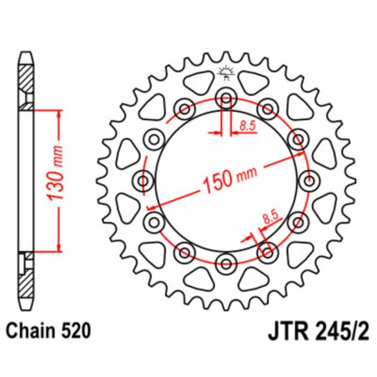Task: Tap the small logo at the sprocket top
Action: pyautogui.click(x=225, y=73)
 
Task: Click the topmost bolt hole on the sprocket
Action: pyautogui.click(x=226, y=98)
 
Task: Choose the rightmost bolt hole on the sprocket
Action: pyautogui.click(x=310, y=182)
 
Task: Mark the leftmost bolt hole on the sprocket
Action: pyautogui.click(x=142, y=182)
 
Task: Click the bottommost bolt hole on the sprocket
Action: pyautogui.click(x=226, y=265)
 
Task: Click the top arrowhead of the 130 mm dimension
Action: pyautogui.click(x=58, y=112)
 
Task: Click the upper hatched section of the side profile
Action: pyautogui.click(x=27, y=84)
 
